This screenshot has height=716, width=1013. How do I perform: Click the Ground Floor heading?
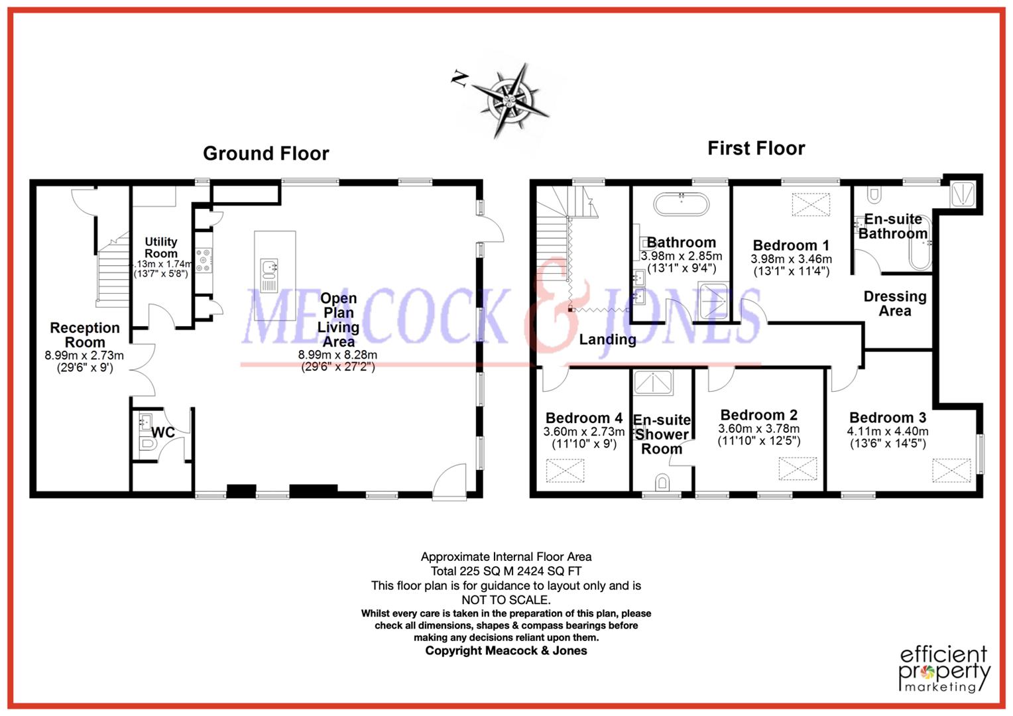[266, 154]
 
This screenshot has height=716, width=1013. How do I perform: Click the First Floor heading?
[756, 149]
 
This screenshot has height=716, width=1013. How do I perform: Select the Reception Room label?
[85, 335]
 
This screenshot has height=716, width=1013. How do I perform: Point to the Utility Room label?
[161, 247]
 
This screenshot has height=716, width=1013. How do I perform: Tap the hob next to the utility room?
[204, 260]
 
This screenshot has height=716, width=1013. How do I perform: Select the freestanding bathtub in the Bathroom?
[682, 204]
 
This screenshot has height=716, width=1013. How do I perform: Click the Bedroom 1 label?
[791, 245]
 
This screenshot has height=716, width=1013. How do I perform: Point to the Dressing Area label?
[895, 304]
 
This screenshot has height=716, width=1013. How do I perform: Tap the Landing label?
[607, 339]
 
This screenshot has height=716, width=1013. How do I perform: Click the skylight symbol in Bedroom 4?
[566, 471]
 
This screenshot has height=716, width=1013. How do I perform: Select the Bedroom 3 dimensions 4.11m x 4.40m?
[888, 432]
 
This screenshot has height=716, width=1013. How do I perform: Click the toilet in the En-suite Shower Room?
[662, 483]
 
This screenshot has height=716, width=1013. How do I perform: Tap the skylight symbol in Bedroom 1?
[811, 205]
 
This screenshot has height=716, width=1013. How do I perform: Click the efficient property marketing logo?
[944, 669]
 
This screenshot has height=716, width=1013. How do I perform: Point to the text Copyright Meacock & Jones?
[506, 651]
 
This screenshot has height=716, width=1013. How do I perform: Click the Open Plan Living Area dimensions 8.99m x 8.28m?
[337, 355]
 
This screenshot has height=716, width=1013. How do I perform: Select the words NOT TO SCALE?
[506, 600]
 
